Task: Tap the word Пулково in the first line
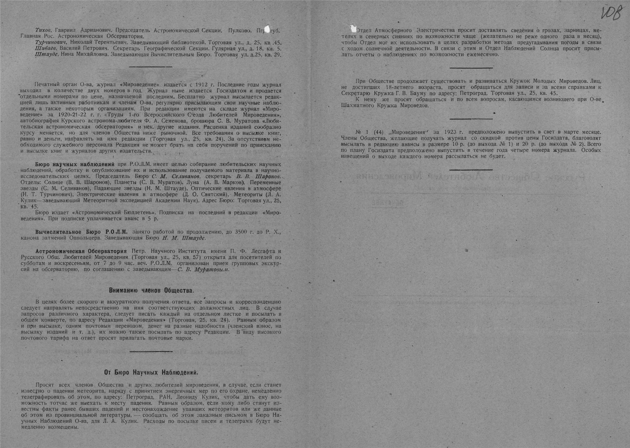point(240,30)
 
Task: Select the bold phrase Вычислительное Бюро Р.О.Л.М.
point(81,232)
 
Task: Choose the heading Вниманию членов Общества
point(151,291)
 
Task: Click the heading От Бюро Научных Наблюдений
point(151,372)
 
